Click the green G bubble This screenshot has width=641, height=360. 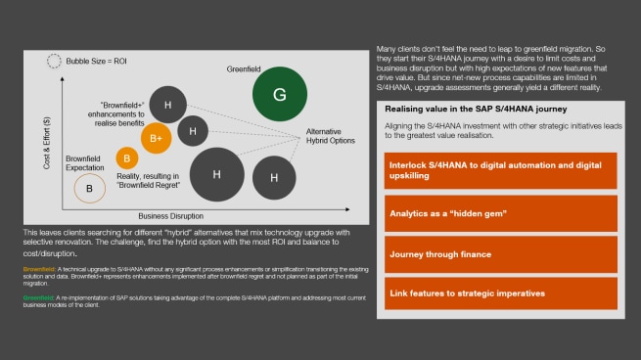tap(279, 96)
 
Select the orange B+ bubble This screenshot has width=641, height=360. tap(156, 139)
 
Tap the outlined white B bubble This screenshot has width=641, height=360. tap(89, 187)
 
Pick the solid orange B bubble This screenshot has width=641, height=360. tap(126, 157)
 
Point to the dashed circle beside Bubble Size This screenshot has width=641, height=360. tap(55, 61)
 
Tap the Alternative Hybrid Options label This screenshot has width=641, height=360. tap(332, 135)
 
